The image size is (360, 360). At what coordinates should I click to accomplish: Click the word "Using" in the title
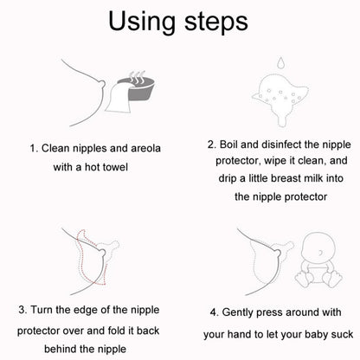point(142,22)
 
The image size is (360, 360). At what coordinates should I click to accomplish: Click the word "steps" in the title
point(216,22)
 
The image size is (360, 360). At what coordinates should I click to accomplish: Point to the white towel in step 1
point(118,97)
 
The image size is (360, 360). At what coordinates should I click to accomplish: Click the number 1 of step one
point(34,149)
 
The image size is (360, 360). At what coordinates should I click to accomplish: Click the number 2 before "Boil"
point(211,145)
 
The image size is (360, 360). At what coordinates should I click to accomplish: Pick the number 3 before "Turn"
point(22,310)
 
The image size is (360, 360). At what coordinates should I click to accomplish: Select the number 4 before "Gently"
point(215,312)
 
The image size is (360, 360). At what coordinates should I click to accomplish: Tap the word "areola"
point(145,148)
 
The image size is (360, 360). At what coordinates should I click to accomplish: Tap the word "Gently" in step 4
point(237,313)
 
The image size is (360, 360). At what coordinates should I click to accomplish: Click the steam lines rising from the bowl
point(136,76)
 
